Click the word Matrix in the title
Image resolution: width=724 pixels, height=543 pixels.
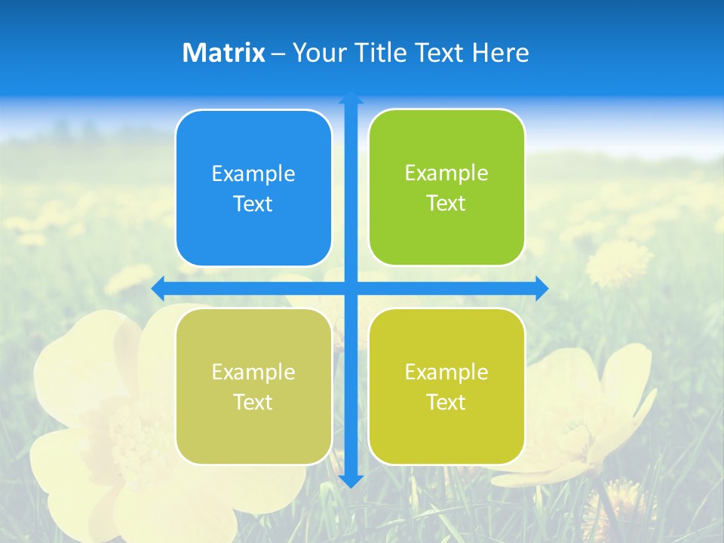point(224,53)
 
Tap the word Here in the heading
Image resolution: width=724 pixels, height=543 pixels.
point(500,53)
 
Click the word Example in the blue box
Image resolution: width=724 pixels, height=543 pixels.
point(253,174)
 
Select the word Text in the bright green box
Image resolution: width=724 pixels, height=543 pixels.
point(446,204)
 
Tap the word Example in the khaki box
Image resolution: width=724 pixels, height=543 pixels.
point(253,373)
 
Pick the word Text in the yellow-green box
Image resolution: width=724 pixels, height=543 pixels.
point(446,403)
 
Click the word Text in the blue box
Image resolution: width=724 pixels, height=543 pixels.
point(253,204)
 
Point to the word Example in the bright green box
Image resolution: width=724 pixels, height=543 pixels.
point(446,173)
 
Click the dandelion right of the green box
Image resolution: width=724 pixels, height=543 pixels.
point(618,262)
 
